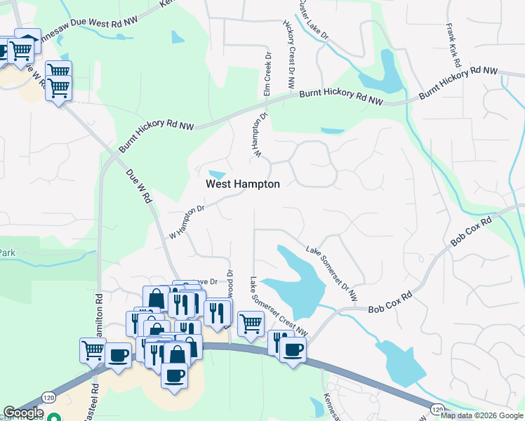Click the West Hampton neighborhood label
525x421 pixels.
[242, 184]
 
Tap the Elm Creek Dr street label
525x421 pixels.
[267, 74]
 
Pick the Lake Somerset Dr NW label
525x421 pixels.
[331, 274]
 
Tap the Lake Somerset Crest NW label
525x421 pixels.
[279, 306]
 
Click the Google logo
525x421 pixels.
[23, 413]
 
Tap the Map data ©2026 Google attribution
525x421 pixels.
[481, 415]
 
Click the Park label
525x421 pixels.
[7, 253]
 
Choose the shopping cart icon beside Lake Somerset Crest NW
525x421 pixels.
[251, 323]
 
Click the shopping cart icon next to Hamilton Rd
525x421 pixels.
[93, 349]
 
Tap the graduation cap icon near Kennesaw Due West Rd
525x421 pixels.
[27, 39]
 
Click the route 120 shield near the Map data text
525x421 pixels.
[437, 408]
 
